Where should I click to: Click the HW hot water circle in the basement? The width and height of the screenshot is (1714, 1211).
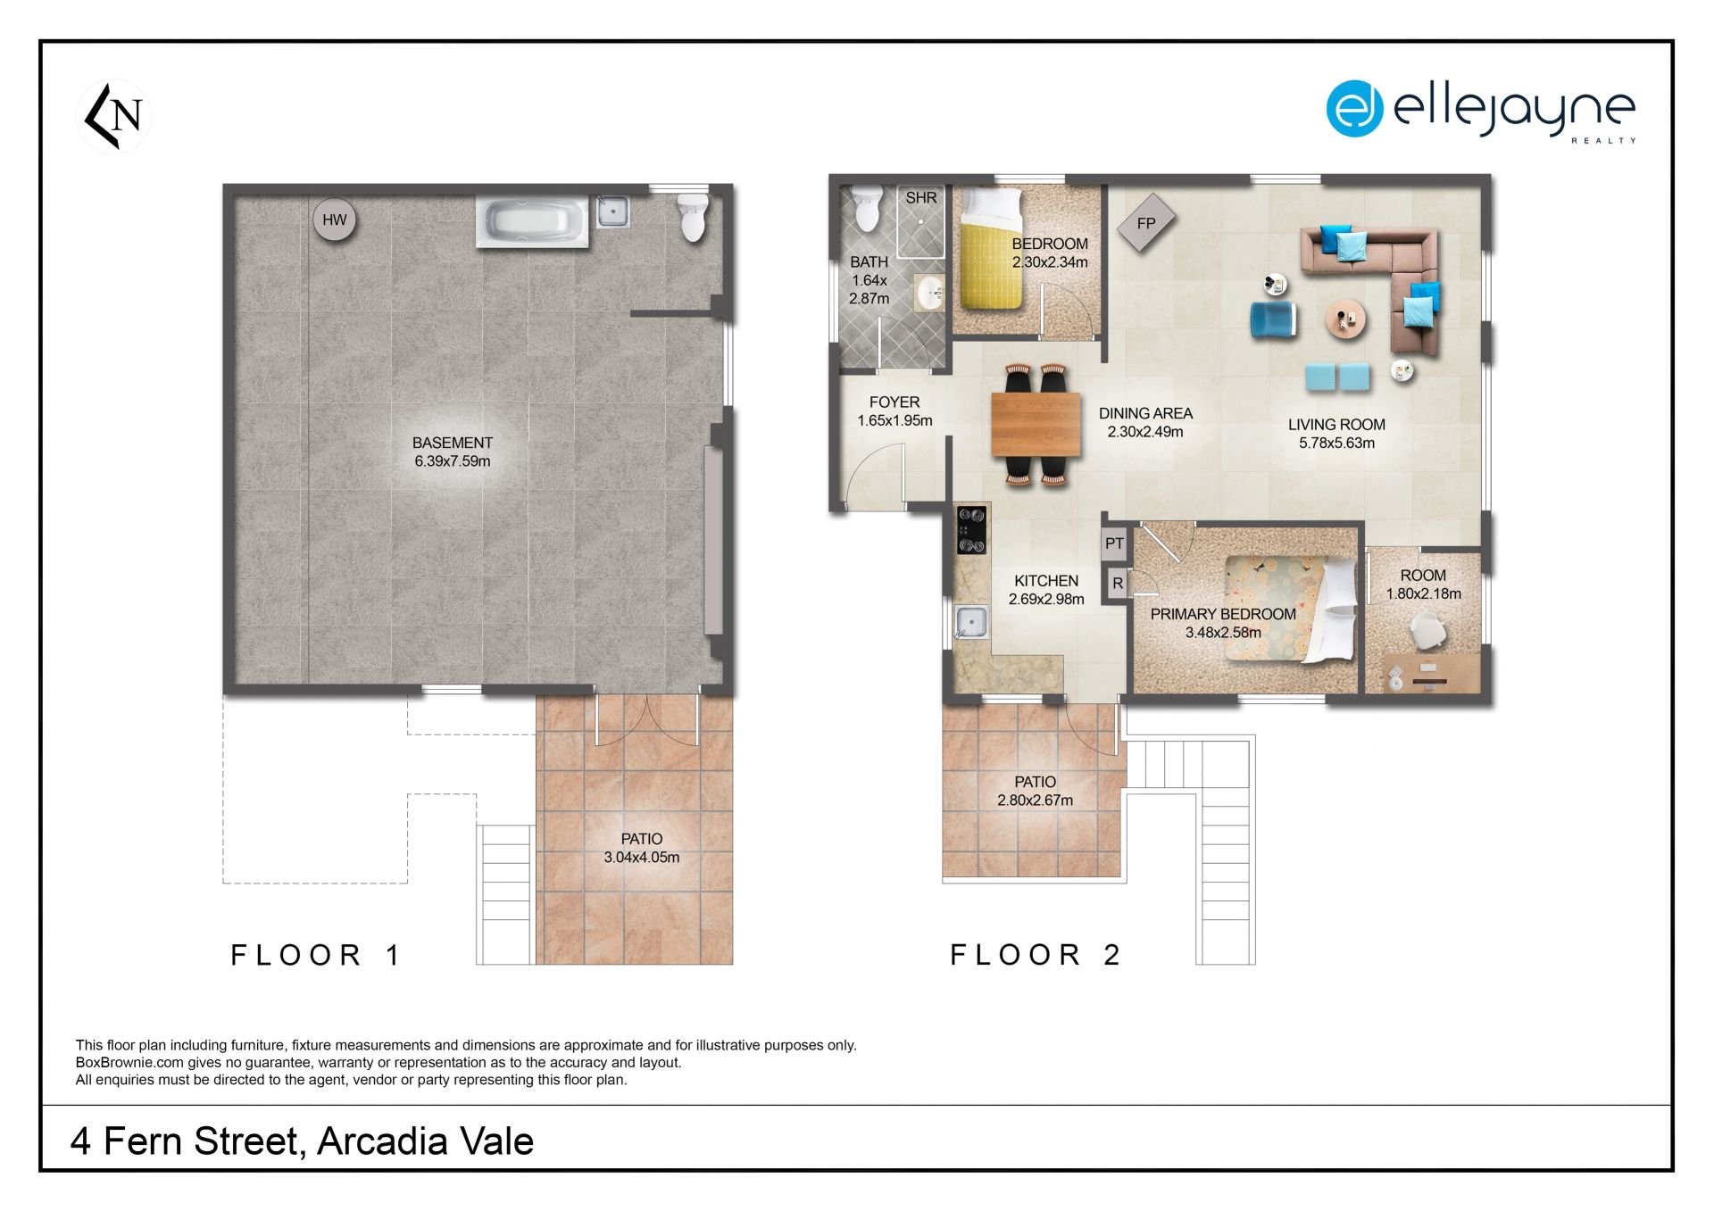335,220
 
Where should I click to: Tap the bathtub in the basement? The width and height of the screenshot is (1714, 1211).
532,222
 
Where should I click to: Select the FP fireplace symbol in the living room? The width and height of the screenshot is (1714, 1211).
1145,223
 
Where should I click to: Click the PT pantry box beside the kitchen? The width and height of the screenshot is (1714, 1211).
1114,543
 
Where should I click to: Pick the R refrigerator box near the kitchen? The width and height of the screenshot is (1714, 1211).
1117,584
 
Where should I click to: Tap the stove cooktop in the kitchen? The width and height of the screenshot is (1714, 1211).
971,530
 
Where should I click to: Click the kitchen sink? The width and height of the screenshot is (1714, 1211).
971,622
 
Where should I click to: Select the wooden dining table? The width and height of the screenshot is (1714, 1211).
1036,425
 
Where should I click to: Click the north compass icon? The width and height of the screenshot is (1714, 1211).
114,116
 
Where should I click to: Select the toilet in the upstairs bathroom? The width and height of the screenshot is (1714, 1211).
866,207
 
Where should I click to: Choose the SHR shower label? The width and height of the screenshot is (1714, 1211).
921,198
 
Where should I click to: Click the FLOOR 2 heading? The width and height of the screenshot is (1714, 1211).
1035,955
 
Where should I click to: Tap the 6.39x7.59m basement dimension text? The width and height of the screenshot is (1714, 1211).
453,461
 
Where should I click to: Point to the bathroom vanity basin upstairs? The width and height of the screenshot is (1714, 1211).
930,293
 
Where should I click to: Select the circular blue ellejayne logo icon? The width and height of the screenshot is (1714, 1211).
1354,109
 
